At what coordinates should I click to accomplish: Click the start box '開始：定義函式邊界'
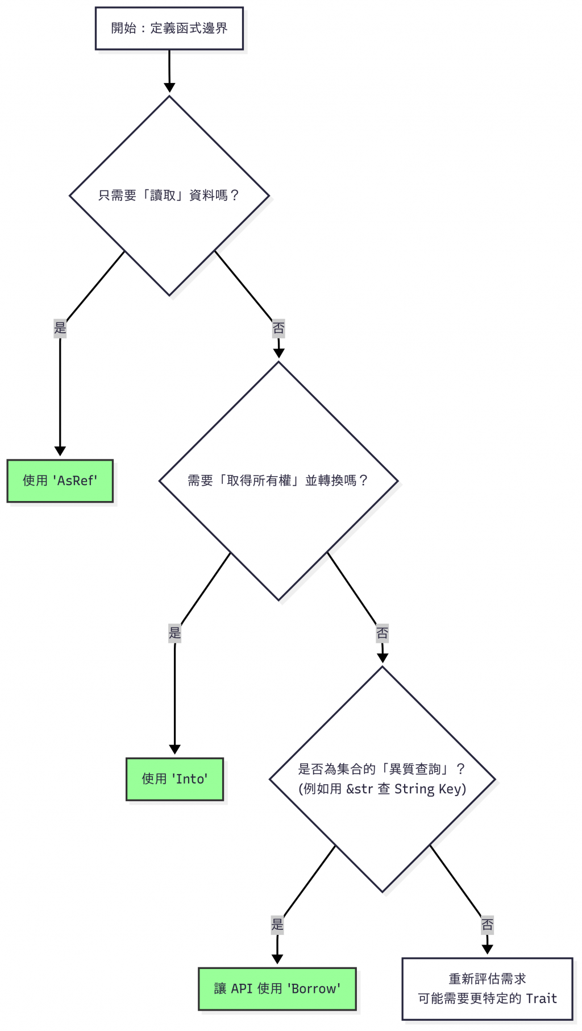click(169, 28)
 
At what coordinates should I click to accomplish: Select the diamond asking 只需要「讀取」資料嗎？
click(169, 196)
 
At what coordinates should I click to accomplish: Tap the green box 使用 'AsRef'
click(60, 481)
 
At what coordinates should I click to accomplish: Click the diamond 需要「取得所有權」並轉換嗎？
click(278, 481)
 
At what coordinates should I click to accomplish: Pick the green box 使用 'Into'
click(174, 779)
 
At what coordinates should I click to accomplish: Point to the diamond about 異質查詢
click(382, 779)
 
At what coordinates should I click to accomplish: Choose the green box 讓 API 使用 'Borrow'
click(277, 989)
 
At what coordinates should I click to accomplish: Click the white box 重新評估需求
click(487, 989)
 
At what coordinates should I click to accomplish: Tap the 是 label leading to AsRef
click(60, 328)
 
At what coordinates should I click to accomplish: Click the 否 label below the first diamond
click(278, 328)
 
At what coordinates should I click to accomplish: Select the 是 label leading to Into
click(174, 633)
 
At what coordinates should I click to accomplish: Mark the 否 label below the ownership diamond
click(383, 633)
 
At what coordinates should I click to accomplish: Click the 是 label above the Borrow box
click(277, 925)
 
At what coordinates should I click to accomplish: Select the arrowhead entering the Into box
click(174, 750)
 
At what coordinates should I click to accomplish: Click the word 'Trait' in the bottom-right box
click(541, 999)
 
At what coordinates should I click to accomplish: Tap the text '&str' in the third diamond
click(359, 789)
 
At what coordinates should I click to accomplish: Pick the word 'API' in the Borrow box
click(242, 989)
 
